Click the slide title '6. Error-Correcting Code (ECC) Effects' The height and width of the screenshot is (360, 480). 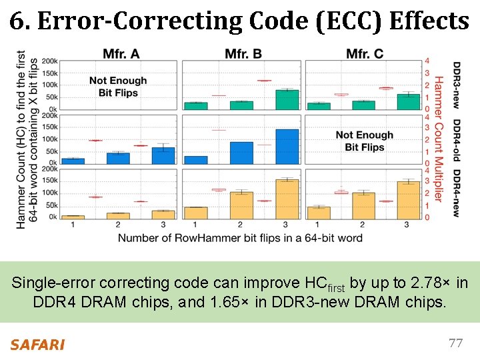coord(239,21)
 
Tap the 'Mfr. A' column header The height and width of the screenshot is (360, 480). coord(121,53)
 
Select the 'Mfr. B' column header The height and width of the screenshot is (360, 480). coord(243,53)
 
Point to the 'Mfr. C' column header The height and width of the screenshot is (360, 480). coord(365,53)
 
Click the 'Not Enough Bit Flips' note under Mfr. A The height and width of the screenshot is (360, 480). coord(118,87)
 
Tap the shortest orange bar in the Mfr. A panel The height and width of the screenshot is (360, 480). coord(73,217)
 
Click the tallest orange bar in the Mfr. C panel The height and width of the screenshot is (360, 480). coord(409,200)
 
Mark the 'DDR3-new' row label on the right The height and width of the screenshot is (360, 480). coord(457,85)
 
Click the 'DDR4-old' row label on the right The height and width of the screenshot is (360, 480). coord(457,140)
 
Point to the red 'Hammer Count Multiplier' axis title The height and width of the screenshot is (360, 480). coord(439,138)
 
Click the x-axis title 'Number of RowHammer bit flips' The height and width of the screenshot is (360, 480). coord(240,238)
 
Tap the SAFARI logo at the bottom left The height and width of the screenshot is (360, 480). coord(37,345)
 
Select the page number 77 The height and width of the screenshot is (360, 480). coord(455,343)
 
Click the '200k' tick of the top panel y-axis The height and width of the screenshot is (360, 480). coord(49,61)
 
